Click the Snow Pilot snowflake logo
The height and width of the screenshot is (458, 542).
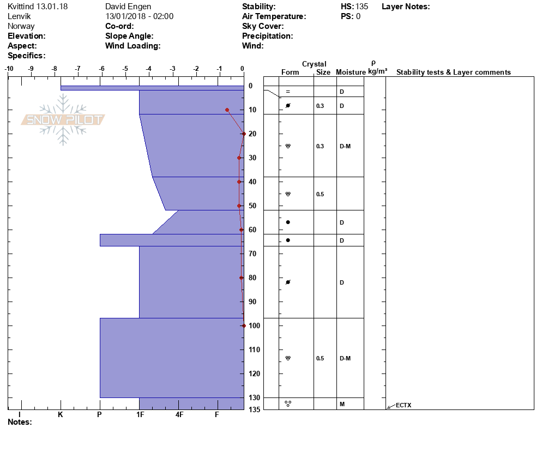point(63,119)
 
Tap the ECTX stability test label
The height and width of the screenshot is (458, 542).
point(404,405)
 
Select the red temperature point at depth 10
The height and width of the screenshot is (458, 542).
point(227,110)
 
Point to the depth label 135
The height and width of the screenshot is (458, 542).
point(255,409)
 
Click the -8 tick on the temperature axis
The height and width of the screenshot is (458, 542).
point(55,69)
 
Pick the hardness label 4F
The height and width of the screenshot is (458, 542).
point(179,414)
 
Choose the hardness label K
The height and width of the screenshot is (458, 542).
point(61,414)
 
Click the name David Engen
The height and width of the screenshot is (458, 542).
point(128,7)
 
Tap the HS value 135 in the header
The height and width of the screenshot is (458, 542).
point(362,7)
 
